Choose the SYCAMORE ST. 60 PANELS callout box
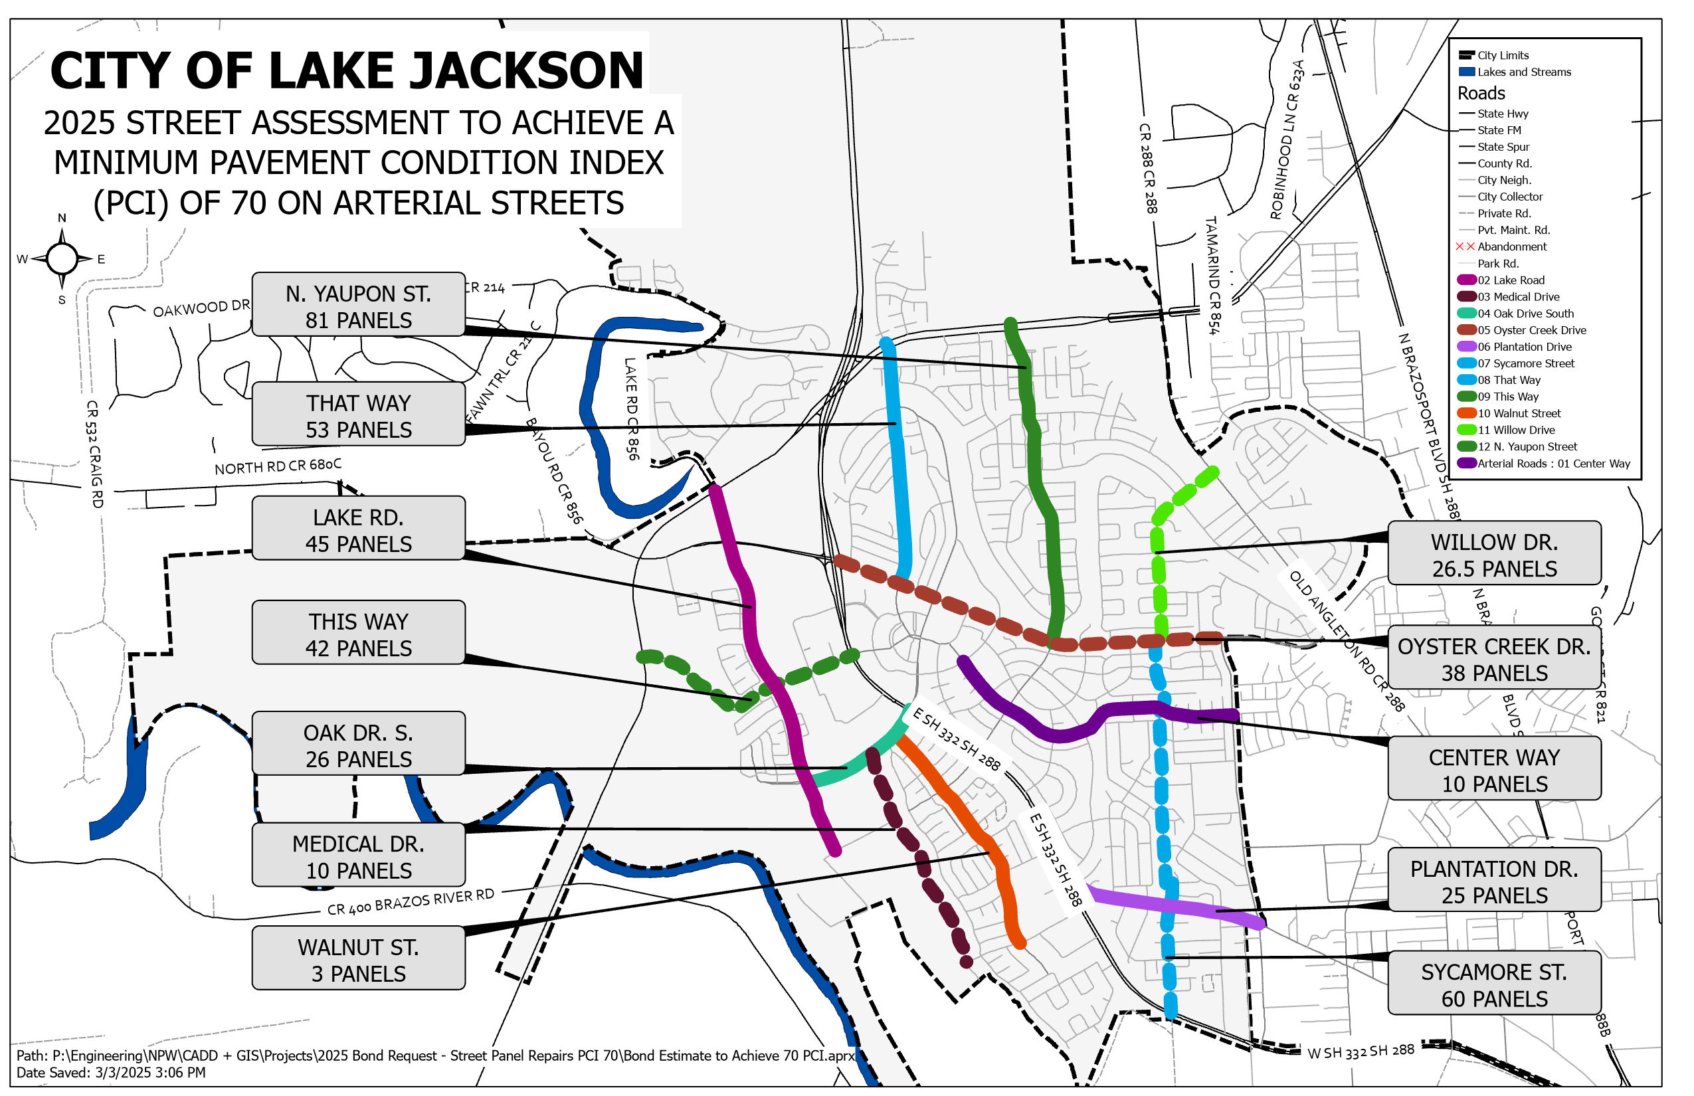1494,984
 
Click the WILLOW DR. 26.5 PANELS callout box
1494,555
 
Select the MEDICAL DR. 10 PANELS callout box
358,856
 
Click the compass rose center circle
62,258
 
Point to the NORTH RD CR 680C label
278,466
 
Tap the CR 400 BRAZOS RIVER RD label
410,902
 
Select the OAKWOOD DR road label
201,308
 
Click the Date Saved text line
111,1073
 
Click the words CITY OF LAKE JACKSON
347,71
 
